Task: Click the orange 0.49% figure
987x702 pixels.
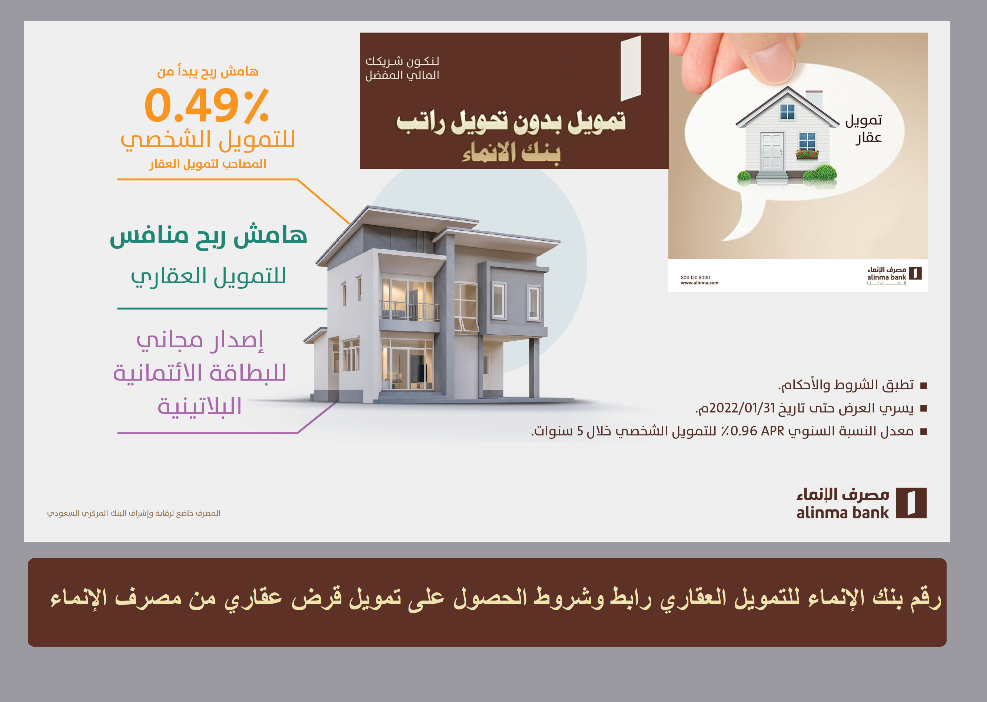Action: point(207,105)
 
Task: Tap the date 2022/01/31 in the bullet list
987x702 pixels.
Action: point(742,408)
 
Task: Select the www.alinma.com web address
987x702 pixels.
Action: point(699,283)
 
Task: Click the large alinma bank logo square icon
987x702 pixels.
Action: point(911,503)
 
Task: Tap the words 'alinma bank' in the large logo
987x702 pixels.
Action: point(843,513)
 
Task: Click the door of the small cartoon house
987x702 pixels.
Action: point(772,152)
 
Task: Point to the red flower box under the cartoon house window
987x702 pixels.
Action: point(807,154)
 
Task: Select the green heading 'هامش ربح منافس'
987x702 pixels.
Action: point(209,236)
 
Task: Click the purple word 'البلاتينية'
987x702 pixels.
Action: point(199,406)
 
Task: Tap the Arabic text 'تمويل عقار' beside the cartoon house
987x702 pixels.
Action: point(864,129)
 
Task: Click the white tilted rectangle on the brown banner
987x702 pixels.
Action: point(631,68)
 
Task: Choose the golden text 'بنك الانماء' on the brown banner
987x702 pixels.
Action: point(511,153)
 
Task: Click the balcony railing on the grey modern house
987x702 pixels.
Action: point(409,310)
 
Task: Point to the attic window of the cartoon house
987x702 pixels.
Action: point(787,112)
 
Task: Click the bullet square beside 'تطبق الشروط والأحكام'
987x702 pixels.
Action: point(923,385)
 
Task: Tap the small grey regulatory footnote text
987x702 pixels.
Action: point(134,513)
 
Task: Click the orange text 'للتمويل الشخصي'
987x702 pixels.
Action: point(207,140)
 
